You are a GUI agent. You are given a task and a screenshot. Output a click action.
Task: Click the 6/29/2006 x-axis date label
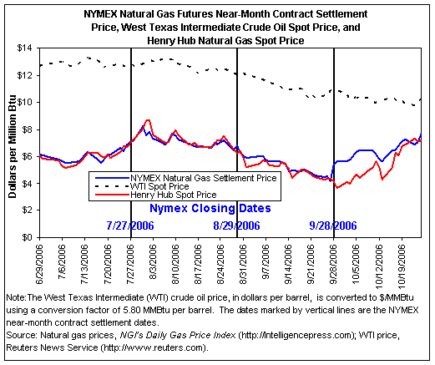(39, 264)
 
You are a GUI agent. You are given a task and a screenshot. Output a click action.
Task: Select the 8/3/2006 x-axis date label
(153, 261)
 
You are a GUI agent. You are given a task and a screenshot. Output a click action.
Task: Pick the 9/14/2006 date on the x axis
(288, 264)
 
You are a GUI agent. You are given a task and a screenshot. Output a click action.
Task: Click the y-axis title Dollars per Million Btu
(13, 147)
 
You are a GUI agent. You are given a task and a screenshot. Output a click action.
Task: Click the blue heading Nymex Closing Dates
(210, 208)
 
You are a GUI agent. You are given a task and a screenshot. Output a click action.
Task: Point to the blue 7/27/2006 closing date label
(130, 226)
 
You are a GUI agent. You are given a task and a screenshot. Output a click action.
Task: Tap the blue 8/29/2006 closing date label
(236, 226)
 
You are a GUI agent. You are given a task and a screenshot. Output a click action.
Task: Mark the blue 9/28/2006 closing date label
(333, 226)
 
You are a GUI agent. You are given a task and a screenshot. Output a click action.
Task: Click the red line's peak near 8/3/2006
(148, 120)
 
